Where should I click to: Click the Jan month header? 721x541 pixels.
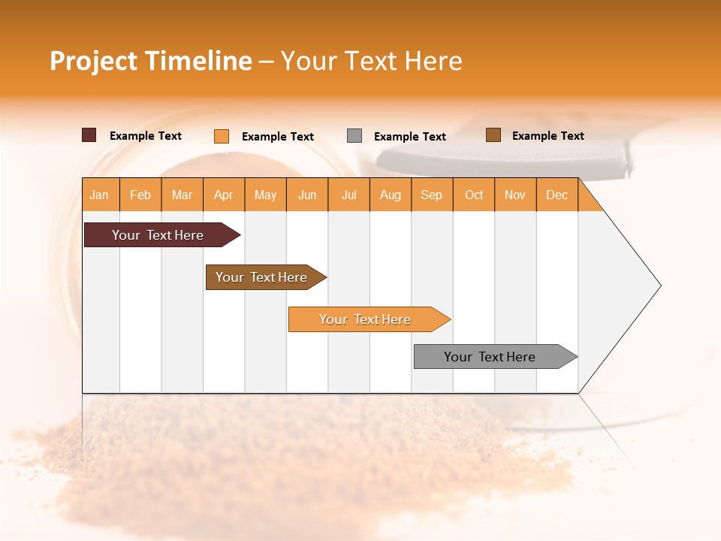pyautogui.click(x=100, y=195)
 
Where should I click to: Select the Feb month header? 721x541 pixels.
pyautogui.click(x=140, y=195)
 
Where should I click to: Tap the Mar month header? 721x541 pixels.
pyautogui.click(x=182, y=195)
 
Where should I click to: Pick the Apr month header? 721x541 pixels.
pyautogui.click(x=224, y=195)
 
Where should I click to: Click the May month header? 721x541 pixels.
pyautogui.click(x=265, y=195)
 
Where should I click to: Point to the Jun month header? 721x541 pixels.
pyautogui.click(x=307, y=195)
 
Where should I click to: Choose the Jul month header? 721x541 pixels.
pyautogui.click(x=348, y=195)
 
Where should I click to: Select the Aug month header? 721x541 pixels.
pyautogui.click(x=391, y=195)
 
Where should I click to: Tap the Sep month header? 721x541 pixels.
pyautogui.click(x=432, y=195)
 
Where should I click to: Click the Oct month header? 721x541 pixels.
pyautogui.click(x=474, y=195)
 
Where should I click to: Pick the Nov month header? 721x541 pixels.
pyautogui.click(x=515, y=195)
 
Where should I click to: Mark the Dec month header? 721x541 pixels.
pyautogui.click(x=557, y=195)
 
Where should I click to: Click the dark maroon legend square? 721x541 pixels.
pyautogui.click(x=89, y=135)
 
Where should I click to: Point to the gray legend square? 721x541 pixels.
pyautogui.click(x=354, y=136)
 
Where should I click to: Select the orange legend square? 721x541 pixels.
pyautogui.click(x=222, y=136)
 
